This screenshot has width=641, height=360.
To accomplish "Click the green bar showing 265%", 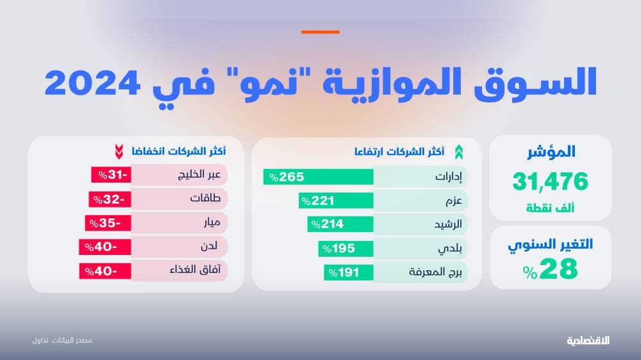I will [x=318, y=177].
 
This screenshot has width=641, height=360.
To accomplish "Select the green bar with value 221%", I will [x=336, y=200].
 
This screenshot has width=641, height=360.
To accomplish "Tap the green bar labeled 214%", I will [x=340, y=224].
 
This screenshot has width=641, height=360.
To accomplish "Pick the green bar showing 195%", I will [x=345, y=248].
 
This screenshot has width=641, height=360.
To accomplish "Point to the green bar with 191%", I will [x=348, y=272].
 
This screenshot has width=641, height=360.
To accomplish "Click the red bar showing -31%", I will [x=111, y=174].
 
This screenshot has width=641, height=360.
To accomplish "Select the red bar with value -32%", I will [x=110, y=199].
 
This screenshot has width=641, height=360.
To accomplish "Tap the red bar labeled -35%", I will [x=108, y=223].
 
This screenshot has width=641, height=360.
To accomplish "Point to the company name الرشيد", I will [x=449, y=224].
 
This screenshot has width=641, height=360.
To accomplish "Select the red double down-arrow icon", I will [x=119, y=152].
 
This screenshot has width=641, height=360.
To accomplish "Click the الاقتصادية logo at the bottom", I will [x=588, y=340].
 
